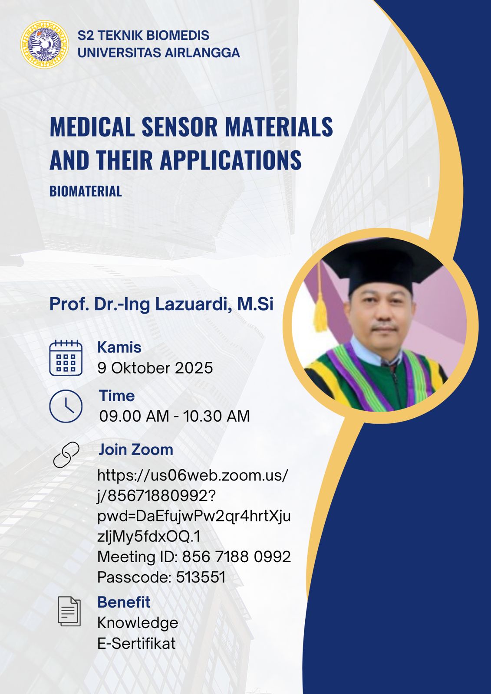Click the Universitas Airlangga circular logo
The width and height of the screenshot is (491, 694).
(x=44, y=44)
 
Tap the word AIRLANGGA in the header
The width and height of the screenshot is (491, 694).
(x=202, y=52)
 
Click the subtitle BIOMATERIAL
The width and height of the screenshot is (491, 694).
(x=86, y=191)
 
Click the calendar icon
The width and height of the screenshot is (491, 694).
(x=66, y=357)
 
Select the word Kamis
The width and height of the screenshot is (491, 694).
(x=119, y=347)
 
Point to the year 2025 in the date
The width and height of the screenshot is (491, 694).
(x=194, y=368)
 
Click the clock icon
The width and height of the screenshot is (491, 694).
(x=66, y=406)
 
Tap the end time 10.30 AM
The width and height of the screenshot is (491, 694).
(x=217, y=416)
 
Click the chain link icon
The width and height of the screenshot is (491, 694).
(x=66, y=455)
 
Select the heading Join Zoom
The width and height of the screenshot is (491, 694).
(x=136, y=449)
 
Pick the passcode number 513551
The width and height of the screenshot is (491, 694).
(x=201, y=577)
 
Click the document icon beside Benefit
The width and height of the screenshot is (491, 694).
(x=69, y=611)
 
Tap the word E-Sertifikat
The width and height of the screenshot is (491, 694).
(x=136, y=644)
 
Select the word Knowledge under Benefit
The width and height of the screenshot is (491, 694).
(x=138, y=623)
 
